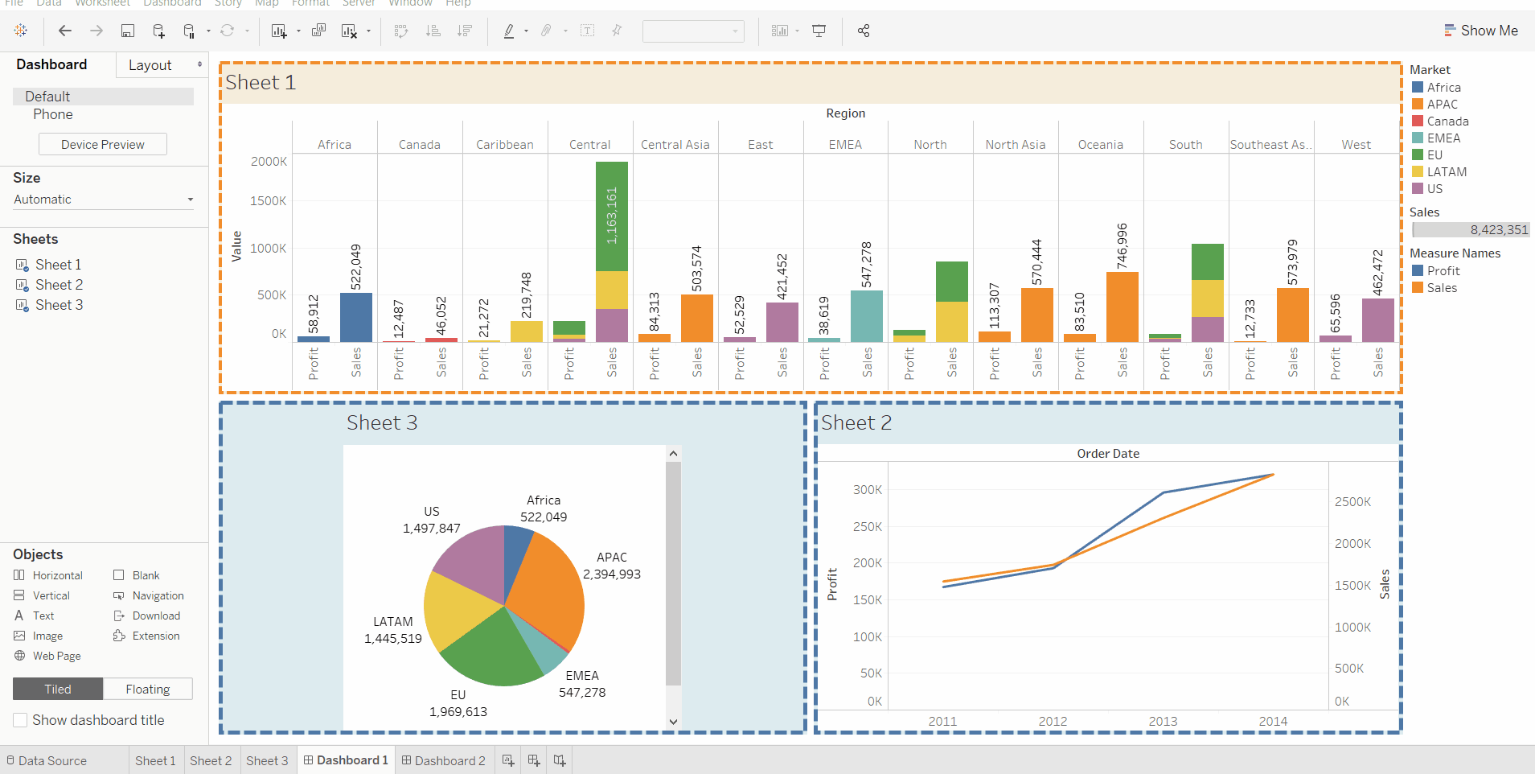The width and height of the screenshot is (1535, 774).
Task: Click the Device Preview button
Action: [103, 145]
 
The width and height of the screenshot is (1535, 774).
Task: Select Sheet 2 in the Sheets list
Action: [59, 285]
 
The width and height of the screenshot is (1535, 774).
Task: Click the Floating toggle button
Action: [148, 690]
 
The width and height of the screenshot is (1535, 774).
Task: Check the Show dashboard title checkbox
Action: [21, 720]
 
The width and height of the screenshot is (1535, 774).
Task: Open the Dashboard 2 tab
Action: [444, 761]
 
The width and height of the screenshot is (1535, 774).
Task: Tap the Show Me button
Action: [1481, 31]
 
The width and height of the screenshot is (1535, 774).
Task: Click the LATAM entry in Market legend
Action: [1447, 172]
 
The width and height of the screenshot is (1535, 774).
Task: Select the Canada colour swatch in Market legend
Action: [1418, 121]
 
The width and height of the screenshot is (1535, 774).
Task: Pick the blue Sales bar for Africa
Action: [356, 318]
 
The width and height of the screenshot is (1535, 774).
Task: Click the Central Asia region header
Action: [675, 145]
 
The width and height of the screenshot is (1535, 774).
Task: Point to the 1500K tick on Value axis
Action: [269, 201]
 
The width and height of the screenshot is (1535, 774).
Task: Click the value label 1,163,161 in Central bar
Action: [612, 216]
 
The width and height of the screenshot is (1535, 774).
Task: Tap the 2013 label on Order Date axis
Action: [1163, 722]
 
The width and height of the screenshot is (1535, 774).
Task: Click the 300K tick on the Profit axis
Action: [868, 490]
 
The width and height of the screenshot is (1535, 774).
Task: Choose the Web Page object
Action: [56, 657]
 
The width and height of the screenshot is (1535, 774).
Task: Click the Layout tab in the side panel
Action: [150, 66]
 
